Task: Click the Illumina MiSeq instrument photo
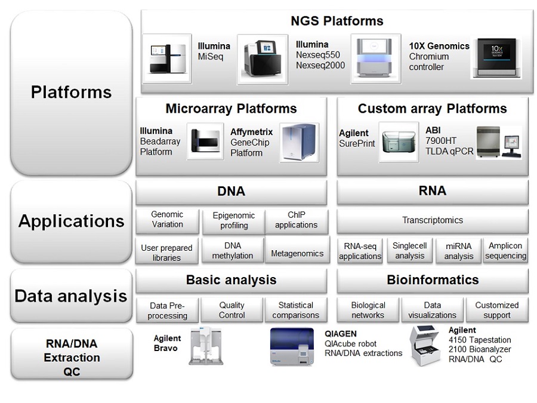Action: pos(167,59)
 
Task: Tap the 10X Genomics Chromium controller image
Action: pos(496,57)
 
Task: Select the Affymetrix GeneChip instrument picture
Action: pos(300,142)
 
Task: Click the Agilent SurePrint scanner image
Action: pos(399,142)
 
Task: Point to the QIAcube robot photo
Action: pos(292,347)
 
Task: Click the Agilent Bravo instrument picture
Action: pos(206,346)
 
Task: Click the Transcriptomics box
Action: pos(433,220)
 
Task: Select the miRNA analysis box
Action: pos(459,251)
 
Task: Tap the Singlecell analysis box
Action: pos(409,251)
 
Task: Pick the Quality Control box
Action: pos(232,310)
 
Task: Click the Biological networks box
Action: pos(368,310)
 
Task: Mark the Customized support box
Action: pos(496,310)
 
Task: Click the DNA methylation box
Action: pos(233,251)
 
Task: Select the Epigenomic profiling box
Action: pos(234,221)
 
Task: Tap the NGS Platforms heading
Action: pos(337,21)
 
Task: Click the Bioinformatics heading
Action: pos(433,280)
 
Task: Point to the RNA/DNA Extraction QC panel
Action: pos(72,354)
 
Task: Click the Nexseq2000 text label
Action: pos(320,66)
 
